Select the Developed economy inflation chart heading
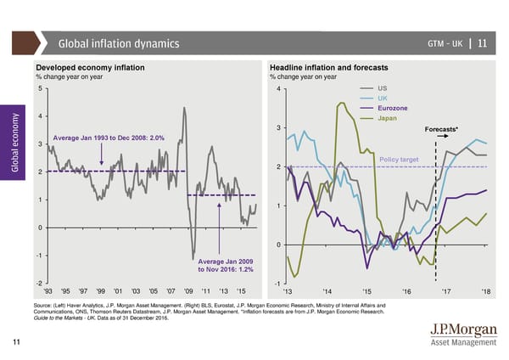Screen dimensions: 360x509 [90, 66]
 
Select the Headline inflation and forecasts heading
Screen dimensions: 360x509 [328, 66]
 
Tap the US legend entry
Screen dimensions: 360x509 [382, 88]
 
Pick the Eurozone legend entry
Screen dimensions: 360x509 [393, 109]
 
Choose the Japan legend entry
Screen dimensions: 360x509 [387, 119]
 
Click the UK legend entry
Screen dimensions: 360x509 [382, 98]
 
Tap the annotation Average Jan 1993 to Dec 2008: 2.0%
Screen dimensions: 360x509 [109, 138]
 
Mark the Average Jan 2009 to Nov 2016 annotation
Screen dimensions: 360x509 [225, 265]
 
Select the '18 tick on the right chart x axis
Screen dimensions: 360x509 [485, 292]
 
